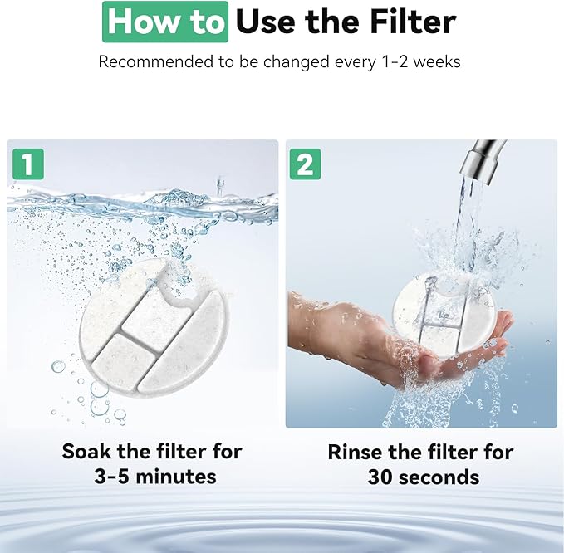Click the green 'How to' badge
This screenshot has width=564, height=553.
[165, 22]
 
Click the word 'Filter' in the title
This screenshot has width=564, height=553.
[413, 22]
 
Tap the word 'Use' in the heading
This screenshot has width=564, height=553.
[267, 22]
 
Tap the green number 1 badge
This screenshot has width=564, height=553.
[28, 164]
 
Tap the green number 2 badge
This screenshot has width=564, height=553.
[306, 164]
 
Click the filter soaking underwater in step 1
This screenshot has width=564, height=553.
[154, 325]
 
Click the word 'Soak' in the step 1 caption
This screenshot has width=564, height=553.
[86, 451]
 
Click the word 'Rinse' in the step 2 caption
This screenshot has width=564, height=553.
[356, 452]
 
